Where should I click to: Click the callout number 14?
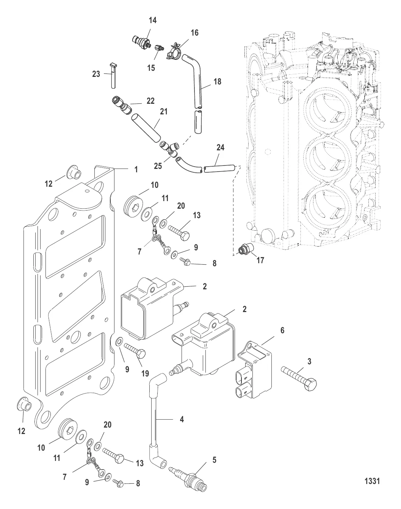point(152,20)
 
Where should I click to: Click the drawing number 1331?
point(372,481)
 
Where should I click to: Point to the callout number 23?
point(96,74)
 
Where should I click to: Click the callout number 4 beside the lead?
point(182,419)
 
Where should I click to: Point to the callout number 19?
point(146,374)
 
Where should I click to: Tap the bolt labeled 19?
point(135,350)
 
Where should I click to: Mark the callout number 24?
point(220,147)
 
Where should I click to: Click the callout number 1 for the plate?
point(136,170)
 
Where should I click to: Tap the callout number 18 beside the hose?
point(217,81)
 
